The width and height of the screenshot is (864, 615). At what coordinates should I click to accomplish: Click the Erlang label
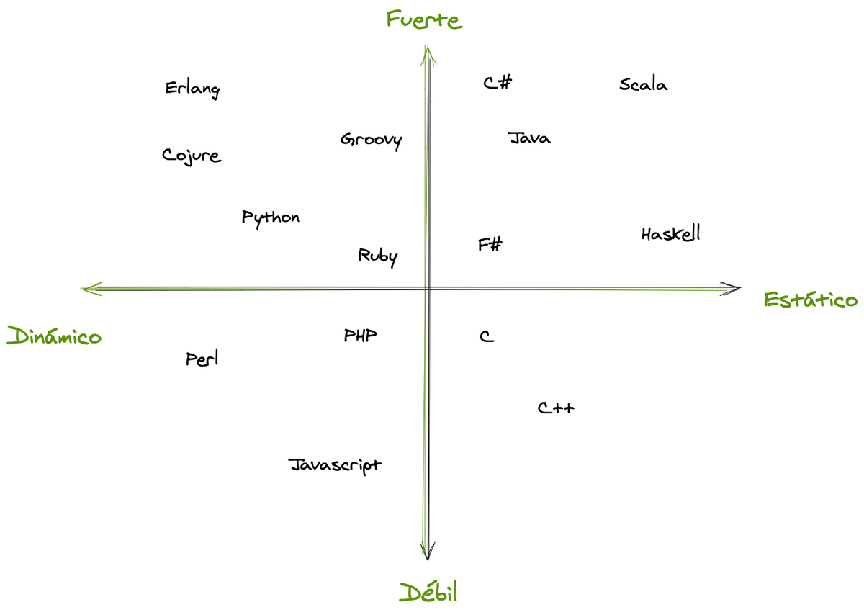click(x=192, y=90)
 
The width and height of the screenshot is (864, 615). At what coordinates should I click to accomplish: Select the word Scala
click(x=644, y=84)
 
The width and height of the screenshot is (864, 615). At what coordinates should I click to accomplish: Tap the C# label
click(x=498, y=83)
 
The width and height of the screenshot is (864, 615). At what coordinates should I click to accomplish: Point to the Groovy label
click(x=371, y=140)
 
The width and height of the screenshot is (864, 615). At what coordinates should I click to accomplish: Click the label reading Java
click(x=528, y=138)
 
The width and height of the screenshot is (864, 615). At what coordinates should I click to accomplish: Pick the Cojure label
click(x=192, y=156)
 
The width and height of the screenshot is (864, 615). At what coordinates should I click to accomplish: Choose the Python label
click(x=271, y=218)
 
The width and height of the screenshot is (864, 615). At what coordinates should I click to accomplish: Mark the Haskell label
click(x=671, y=233)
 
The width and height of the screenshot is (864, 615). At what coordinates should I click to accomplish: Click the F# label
click(x=490, y=244)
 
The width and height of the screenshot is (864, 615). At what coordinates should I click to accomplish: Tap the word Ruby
click(x=377, y=256)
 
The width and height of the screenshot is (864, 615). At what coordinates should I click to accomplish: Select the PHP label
click(x=360, y=336)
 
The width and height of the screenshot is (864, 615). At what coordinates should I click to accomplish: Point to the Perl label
click(x=202, y=358)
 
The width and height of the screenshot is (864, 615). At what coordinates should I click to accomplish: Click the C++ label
click(x=556, y=408)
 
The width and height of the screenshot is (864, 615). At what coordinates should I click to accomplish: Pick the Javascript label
click(x=335, y=466)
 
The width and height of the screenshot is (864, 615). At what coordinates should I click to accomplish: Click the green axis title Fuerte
click(x=424, y=19)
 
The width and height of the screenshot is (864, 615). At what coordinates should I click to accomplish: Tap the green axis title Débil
click(x=428, y=592)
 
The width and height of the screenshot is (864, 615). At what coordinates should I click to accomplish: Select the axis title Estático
click(x=811, y=300)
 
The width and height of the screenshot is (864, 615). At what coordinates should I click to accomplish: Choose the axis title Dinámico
click(x=54, y=335)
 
